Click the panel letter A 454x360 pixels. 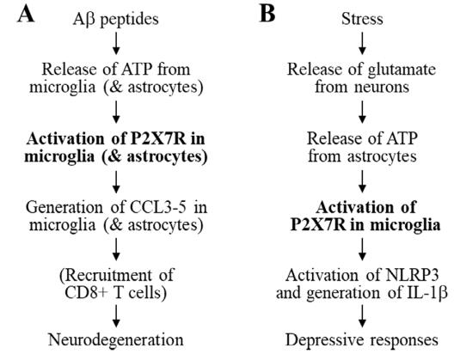(x=26, y=15)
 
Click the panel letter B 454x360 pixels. (x=267, y=15)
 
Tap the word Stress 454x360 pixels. (x=362, y=19)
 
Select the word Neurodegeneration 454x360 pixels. (x=116, y=339)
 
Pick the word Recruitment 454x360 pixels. (x=106, y=275)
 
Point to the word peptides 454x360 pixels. (x=130, y=20)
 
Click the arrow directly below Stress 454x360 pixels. (x=362, y=43)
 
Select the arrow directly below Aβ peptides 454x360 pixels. (x=116, y=43)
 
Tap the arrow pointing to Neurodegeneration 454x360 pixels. (x=116, y=316)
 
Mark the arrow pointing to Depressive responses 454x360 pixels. (x=362, y=316)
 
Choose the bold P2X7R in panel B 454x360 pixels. (x=318, y=224)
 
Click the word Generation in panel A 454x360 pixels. (x=64, y=207)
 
